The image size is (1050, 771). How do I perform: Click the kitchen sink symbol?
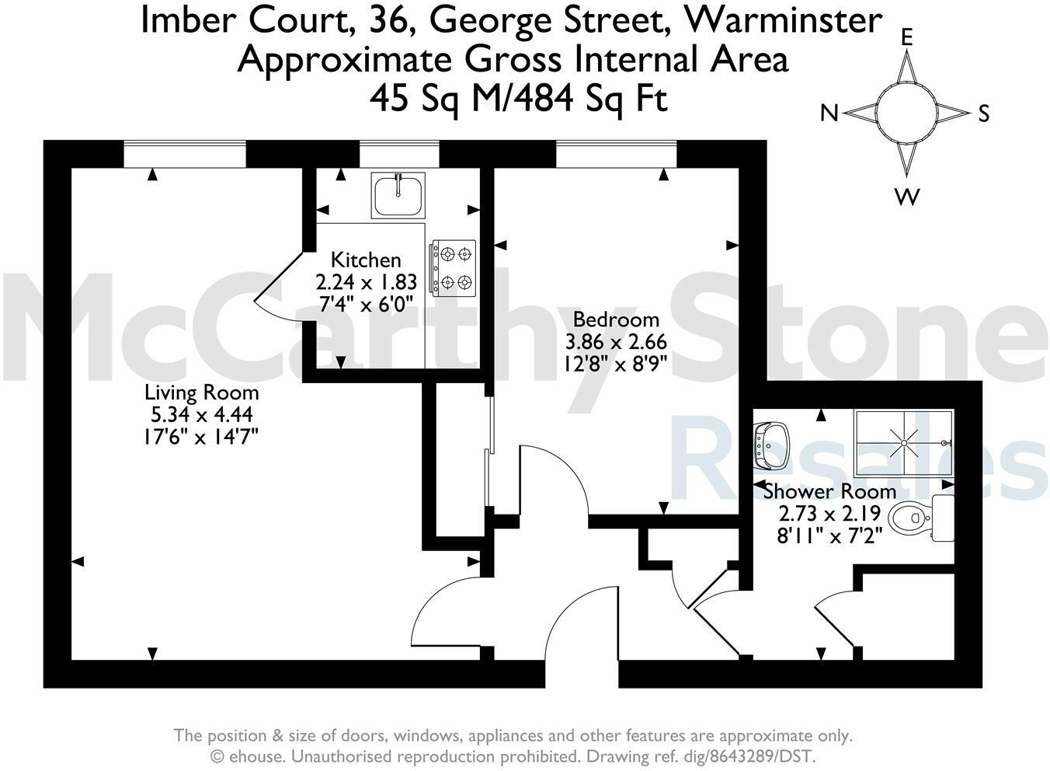(x=398, y=195)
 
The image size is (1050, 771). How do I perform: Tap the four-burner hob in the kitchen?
(x=452, y=267)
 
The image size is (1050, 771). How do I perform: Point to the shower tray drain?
(x=904, y=443)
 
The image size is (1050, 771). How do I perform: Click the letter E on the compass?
(x=906, y=37)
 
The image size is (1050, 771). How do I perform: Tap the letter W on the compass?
(x=906, y=197)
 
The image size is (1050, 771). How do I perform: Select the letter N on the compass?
(x=829, y=114)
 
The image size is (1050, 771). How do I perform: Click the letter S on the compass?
(x=984, y=114)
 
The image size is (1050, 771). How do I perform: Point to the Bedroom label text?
(x=615, y=319)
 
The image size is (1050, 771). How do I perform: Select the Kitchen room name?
(x=366, y=260)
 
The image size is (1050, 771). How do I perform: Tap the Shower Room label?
(x=829, y=491)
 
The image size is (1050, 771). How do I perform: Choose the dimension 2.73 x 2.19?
(x=829, y=514)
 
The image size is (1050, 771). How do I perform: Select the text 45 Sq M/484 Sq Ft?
(x=518, y=99)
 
